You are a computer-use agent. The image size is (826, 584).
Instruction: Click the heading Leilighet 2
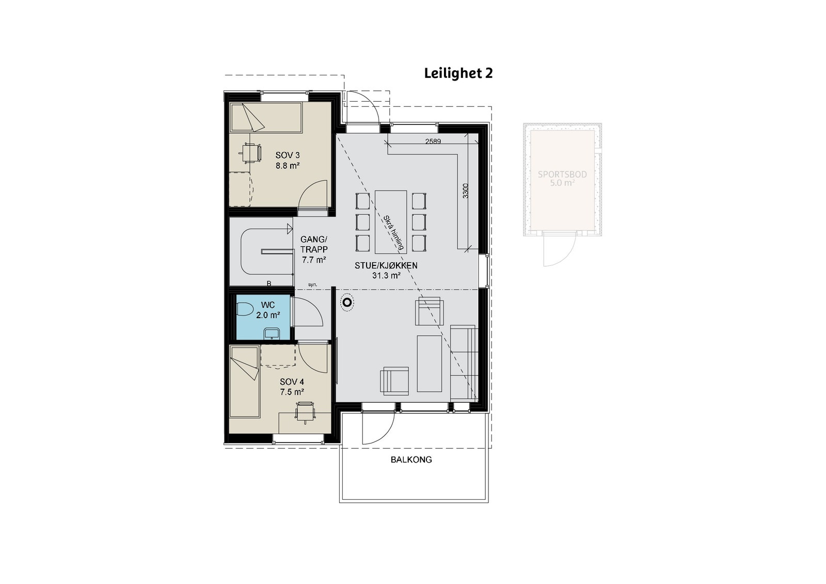pyautogui.click(x=458, y=73)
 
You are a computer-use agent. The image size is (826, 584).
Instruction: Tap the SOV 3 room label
pyautogui.click(x=288, y=160)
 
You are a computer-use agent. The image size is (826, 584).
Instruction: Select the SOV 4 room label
pyautogui.click(x=292, y=386)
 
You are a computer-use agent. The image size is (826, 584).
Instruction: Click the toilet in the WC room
pyautogui.click(x=244, y=310)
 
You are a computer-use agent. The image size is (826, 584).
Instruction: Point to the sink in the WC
pyautogui.click(x=272, y=333)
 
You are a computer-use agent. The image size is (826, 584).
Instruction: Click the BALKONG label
pyautogui.click(x=411, y=460)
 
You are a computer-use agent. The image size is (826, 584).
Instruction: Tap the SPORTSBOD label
pyautogui.click(x=562, y=178)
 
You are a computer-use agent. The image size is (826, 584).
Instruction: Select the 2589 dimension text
pyautogui.click(x=433, y=141)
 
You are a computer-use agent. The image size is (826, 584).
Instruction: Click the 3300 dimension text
pyautogui.click(x=465, y=191)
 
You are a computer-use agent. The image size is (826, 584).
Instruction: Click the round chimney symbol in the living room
pyautogui.click(x=347, y=303)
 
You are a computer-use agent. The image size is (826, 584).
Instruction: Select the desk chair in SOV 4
pyautogui.click(x=305, y=412)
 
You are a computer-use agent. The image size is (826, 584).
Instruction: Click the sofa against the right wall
pyautogui.click(x=463, y=361)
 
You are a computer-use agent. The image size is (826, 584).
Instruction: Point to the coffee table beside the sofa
pyautogui.click(x=430, y=364)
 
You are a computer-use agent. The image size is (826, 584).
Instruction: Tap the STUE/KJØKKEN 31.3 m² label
pyautogui.click(x=386, y=271)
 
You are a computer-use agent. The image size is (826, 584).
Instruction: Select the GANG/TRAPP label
pyautogui.click(x=314, y=249)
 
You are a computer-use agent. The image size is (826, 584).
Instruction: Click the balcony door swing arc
pyautogui.click(x=378, y=429)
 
